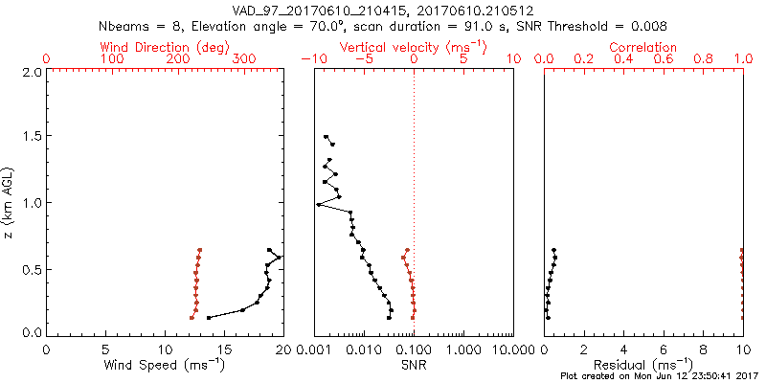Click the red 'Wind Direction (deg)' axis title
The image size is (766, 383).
[x=165, y=47]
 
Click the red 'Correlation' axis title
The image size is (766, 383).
[x=643, y=47]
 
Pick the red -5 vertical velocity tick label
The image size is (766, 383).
[x=362, y=59]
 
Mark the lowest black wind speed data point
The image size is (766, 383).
[x=209, y=317]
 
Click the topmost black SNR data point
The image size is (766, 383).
[x=326, y=137]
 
